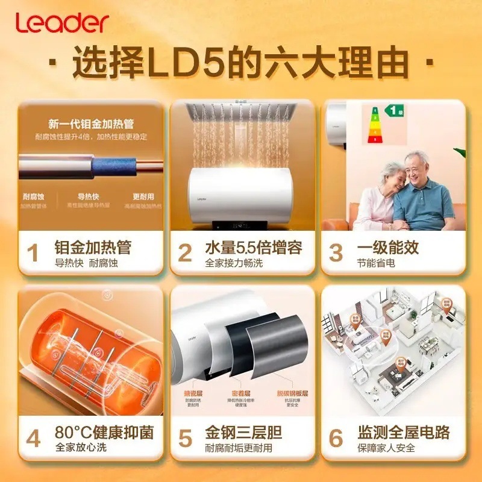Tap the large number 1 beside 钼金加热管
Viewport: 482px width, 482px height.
(x=33, y=252)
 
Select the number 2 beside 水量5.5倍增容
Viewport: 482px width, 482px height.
(x=185, y=252)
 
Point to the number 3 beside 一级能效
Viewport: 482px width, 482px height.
(x=336, y=252)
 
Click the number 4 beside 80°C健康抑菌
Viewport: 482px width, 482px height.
(x=33, y=437)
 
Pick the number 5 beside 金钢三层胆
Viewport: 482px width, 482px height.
(x=185, y=437)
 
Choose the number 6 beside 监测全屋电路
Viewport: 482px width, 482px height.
(x=336, y=437)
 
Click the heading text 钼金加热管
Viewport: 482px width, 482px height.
(x=92, y=247)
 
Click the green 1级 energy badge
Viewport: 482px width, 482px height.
(x=395, y=110)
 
